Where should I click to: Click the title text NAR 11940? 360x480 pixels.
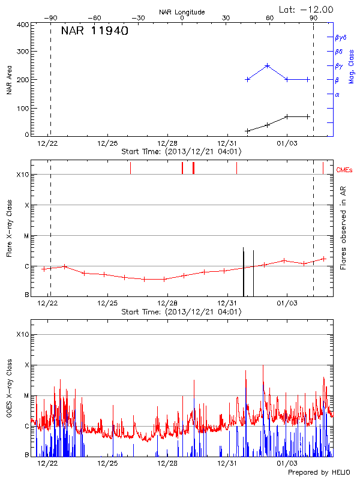point(94,31)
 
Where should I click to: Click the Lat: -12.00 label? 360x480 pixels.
point(307,9)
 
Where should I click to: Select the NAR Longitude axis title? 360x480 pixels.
point(182,11)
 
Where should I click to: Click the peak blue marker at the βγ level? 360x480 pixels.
point(268,65)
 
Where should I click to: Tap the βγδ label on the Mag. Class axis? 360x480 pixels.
point(340,37)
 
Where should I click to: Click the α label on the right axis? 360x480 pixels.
point(337,94)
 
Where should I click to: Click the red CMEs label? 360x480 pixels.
point(344,170)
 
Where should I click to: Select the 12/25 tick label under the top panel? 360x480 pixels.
point(107,143)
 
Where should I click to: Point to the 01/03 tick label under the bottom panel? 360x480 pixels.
point(287,463)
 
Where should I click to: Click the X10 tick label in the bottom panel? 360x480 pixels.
point(23,334)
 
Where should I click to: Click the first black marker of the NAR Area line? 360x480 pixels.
point(247,131)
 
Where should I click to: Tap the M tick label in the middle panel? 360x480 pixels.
point(26,236)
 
